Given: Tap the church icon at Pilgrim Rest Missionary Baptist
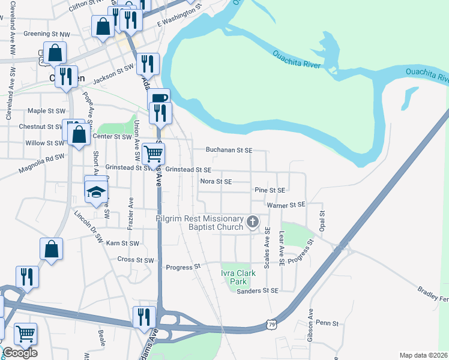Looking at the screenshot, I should coord(253,223).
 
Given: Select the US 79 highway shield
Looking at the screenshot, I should coord(273,323).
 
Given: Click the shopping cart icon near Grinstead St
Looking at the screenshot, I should coord(154,154).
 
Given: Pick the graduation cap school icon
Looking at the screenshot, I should coord(95,193).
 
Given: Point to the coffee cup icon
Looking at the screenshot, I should coord(158,99).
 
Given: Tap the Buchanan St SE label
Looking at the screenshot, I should coord(229,150).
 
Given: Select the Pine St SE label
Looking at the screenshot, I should coord(270,190).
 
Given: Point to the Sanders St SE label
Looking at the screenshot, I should coord(258,290).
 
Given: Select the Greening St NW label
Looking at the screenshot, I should coord(46,34).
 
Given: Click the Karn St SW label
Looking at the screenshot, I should coord(122,244).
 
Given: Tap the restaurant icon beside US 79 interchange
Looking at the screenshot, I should coord(144,316).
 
